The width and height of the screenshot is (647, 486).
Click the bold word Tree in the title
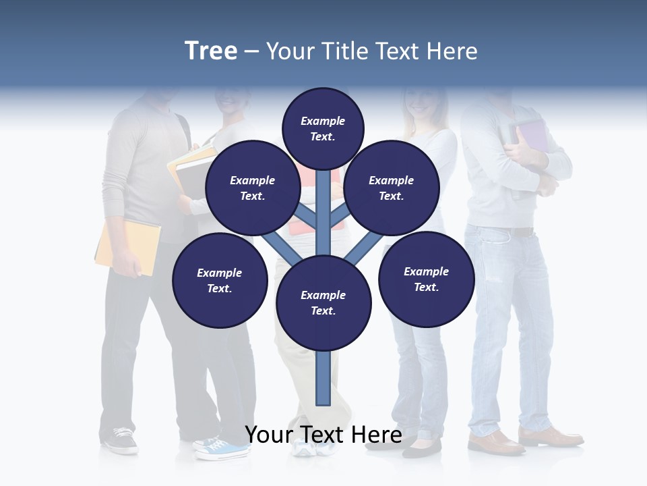pyautogui.click(x=211, y=51)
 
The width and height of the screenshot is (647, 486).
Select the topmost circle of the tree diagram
pyautogui.click(x=323, y=128)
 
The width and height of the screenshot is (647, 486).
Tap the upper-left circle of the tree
pyautogui.click(x=252, y=188)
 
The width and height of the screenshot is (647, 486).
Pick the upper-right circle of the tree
pyautogui.click(x=391, y=188)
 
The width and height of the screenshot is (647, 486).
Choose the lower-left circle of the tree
pyautogui.click(x=219, y=280)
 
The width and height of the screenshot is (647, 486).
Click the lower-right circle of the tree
pyautogui.click(x=426, y=279)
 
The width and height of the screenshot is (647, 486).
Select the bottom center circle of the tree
pyautogui.click(x=323, y=302)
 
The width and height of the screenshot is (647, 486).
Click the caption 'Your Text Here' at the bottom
pyautogui.click(x=323, y=435)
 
